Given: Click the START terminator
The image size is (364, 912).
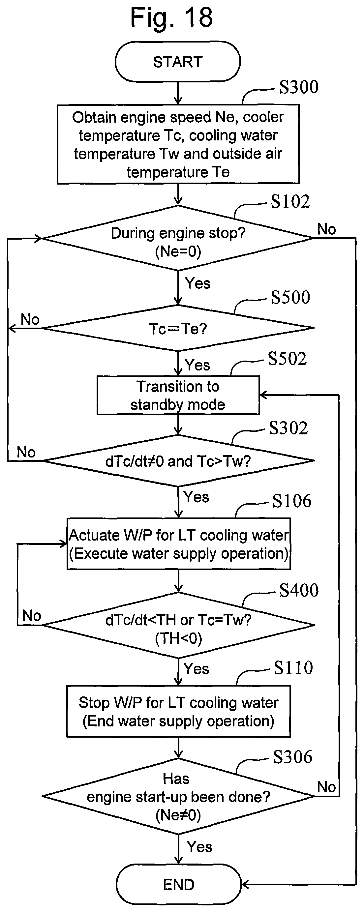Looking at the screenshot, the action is point(178,62).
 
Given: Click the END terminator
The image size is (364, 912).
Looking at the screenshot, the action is point(178,884).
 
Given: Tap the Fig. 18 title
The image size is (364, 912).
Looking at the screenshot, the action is point(172,17).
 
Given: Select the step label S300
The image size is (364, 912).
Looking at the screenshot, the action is point(299,87).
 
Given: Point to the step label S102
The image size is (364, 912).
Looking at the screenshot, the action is point(290,201).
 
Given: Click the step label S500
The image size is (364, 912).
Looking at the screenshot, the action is point(290,297).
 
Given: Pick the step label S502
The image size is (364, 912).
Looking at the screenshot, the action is point(287,359).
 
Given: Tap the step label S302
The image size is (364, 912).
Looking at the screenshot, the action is point(288,428).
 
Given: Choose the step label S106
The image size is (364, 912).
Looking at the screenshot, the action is point(292,501).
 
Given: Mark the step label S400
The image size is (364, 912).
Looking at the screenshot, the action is point(299,590).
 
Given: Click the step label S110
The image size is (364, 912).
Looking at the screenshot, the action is point(293,668).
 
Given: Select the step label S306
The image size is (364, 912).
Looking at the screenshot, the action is point(292,757).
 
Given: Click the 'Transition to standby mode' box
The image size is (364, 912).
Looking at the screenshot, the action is point(178,395).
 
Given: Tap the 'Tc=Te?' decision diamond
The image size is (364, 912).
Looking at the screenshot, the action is point(178,328).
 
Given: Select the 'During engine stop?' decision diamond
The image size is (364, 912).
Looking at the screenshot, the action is point(178,238).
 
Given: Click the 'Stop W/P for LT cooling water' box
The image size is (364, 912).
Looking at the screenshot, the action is point(178,712).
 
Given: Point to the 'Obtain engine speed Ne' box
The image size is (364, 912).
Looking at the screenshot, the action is point(178,144).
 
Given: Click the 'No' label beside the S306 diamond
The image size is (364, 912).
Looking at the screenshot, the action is point(326,787).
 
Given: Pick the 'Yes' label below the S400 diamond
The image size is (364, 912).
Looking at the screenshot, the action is point(196,669).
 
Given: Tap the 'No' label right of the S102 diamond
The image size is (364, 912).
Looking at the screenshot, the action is point(326,229).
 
